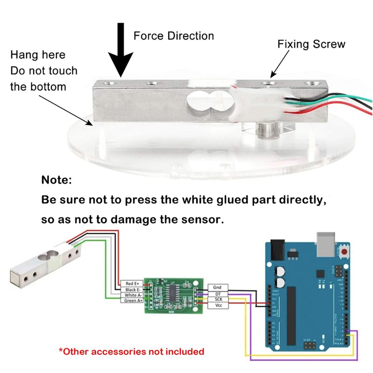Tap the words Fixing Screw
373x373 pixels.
pos(311,44)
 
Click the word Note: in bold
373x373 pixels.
pos(57,180)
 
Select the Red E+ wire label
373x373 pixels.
pos(131,283)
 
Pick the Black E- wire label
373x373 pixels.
pos(131,290)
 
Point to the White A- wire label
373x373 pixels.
pos(131,295)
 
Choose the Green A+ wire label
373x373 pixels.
pos(131,301)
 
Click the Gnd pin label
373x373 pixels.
pos(217,288)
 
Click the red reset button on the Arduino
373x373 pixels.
pos(345,252)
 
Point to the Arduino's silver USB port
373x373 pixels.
pos(327,242)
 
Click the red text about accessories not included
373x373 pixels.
pos(131,351)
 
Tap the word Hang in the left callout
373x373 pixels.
pos(24,55)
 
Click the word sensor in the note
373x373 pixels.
pos(200,219)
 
